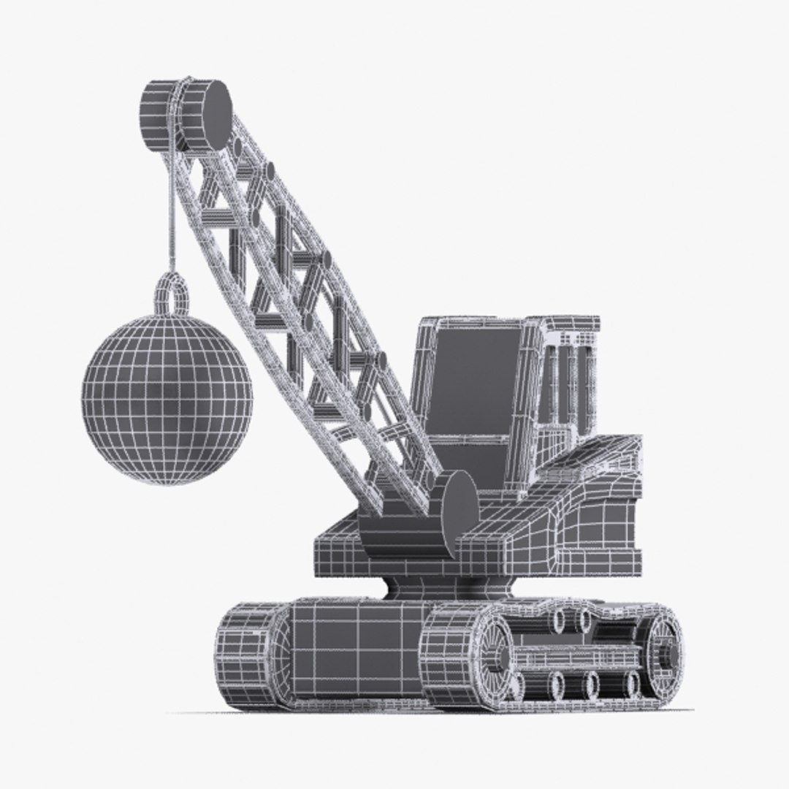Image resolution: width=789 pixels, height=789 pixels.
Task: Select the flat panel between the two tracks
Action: [x=351, y=650]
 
